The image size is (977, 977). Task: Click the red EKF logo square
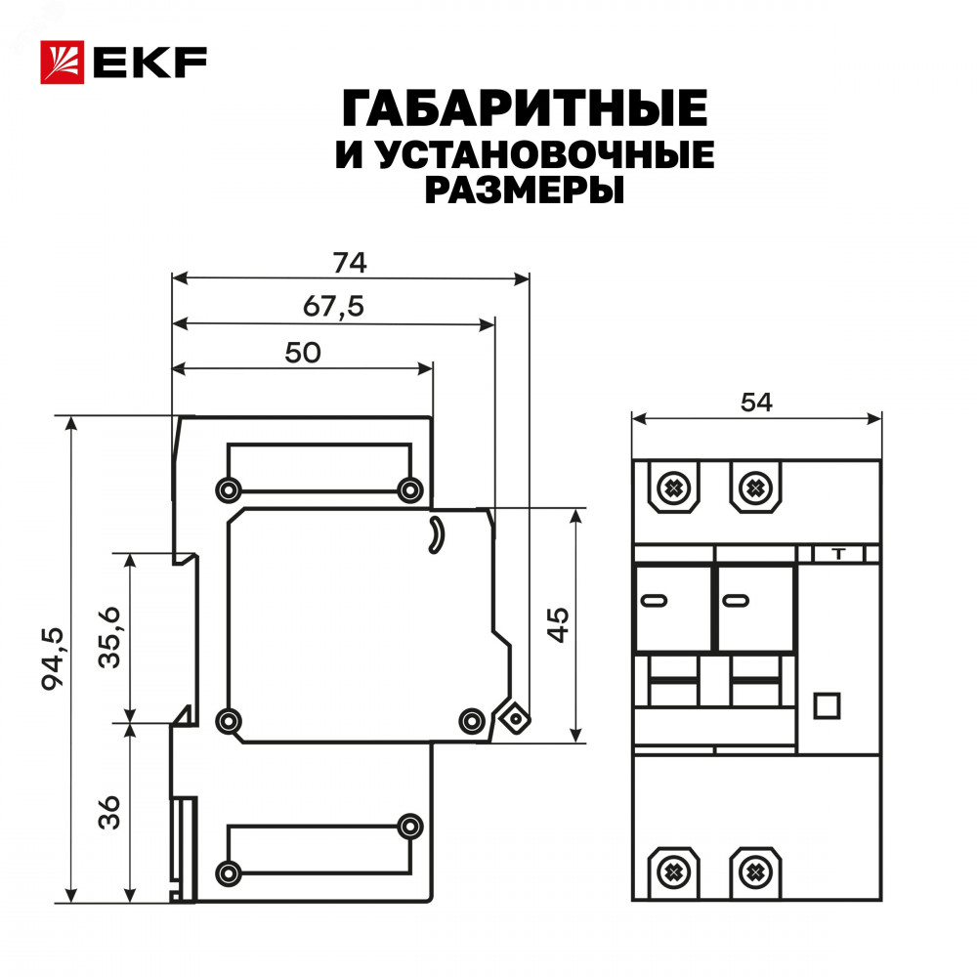[63, 63]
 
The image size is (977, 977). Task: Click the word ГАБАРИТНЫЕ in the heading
[525, 108]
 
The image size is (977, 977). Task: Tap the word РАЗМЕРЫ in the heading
[525, 191]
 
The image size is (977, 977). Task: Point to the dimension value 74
[350, 263]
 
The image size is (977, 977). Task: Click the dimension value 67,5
[333, 307]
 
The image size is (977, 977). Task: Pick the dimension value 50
[303, 353]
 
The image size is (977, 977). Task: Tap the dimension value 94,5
[53, 659]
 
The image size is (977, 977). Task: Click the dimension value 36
[109, 812]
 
